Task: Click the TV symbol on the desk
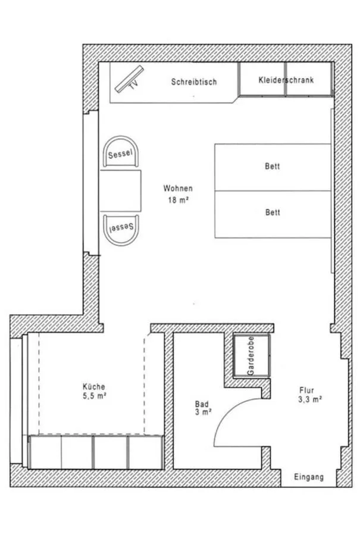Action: [129, 79]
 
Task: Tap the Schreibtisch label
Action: [193, 82]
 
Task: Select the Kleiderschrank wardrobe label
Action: [286, 80]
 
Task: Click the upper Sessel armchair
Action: [122, 152]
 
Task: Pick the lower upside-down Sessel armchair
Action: [122, 227]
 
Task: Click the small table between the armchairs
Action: [121, 190]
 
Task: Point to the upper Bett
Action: [272, 167]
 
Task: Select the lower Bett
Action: [272, 212]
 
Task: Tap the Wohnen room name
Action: [178, 189]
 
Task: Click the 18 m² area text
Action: [178, 200]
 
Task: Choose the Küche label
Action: [95, 385]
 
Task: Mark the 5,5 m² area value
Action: [95, 395]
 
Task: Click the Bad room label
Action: [202, 403]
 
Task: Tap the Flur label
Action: [307, 391]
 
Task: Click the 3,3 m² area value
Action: [310, 400]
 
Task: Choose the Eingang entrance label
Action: [309, 477]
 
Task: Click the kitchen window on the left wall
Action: [17, 402]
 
